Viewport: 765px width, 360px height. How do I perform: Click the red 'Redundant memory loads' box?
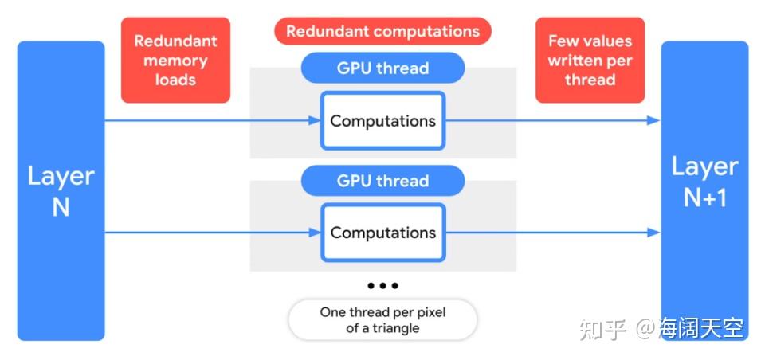coord(175,61)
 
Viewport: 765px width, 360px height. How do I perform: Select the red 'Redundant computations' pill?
coord(382,32)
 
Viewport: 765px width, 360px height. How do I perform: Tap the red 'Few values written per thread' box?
coord(590,61)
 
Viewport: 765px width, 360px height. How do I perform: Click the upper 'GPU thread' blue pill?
coord(382,68)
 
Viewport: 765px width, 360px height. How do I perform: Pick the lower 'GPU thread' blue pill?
coord(382,181)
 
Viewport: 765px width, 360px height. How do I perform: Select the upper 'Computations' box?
coord(382,121)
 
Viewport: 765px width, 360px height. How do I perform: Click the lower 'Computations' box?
coord(382,233)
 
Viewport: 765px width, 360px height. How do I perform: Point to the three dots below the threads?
coord(382,285)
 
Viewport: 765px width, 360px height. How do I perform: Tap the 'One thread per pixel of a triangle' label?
coord(382,320)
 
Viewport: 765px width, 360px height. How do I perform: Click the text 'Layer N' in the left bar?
coord(61,191)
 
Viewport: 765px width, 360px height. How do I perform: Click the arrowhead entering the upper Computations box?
coord(315,121)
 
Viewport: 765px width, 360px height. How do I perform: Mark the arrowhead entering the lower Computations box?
coord(315,233)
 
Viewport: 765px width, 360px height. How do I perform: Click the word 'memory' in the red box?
coord(175,61)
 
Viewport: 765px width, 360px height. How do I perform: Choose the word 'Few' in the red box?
coord(563,41)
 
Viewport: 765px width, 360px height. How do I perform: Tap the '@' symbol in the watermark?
coord(645,328)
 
